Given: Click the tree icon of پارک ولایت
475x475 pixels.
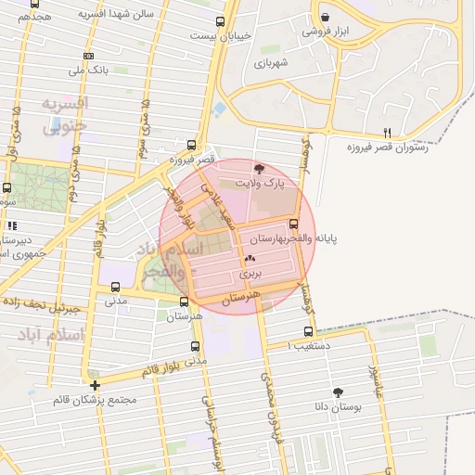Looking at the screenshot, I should tap(258, 169).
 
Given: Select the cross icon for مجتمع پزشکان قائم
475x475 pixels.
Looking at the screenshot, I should tap(95, 384).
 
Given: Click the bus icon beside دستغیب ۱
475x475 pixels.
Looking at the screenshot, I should tap(309, 331).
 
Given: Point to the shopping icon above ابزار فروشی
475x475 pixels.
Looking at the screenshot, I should tap(325, 16).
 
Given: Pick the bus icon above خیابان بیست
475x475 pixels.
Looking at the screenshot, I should tap(220, 21).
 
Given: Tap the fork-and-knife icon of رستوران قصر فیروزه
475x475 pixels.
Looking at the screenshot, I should tap(388, 133).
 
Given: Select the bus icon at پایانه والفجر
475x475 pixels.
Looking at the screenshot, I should tap(294, 224).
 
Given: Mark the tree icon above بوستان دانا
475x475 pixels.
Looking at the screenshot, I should tap(338, 392).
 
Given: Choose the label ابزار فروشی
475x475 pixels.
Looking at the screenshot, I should tap(325, 32).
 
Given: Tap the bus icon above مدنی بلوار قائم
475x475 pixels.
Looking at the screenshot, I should tap(194, 345).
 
